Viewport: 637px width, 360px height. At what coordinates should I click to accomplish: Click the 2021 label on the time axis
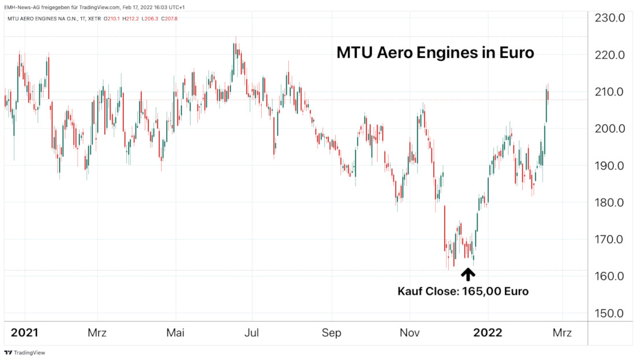pyautogui.click(x=25, y=333)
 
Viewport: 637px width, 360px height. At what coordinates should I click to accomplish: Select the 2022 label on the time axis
pyautogui.click(x=488, y=333)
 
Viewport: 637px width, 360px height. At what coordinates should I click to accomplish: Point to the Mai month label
pyautogui.click(x=175, y=333)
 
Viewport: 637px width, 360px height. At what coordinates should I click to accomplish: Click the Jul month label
pyautogui.click(x=252, y=333)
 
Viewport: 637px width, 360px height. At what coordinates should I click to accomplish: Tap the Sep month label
pyautogui.click(x=331, y=333)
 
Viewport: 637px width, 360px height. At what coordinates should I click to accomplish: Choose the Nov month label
pyautogui.click(x=409, y=333)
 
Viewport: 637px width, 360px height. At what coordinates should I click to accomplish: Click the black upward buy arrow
pyautogui.click(x=467, y=274)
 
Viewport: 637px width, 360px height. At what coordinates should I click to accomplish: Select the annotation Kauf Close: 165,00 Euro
pyautogui.click(x=463, y=291)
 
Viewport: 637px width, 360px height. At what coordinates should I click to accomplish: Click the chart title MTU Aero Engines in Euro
pyautogui.click(x=435, y=53)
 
